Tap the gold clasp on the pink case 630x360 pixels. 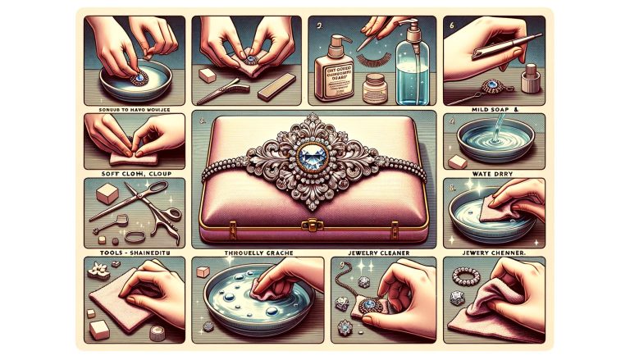coord(314,223)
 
